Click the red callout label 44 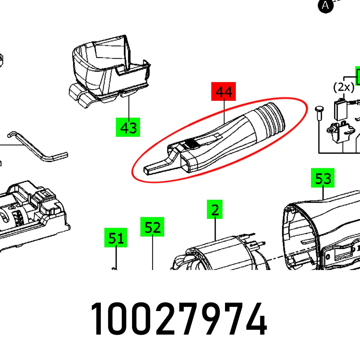click(223, 92)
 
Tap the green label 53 click(323, 178)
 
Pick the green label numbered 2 click(215, 210)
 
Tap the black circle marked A click(325, 5)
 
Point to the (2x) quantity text click(343, 87)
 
